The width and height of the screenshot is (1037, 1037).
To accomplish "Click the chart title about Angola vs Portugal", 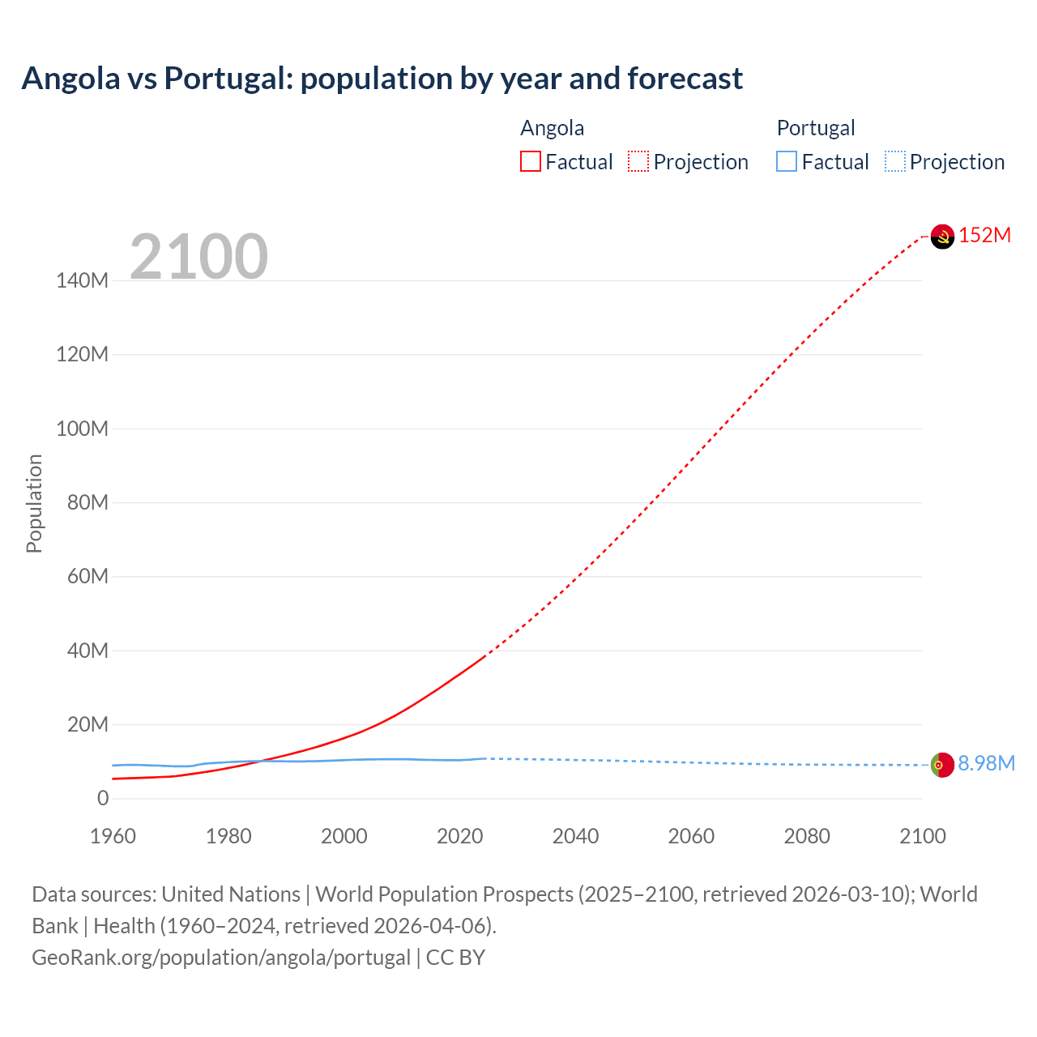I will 382,79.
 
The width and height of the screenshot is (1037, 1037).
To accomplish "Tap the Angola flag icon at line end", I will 942,237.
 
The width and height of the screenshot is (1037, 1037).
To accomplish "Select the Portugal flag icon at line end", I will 942,765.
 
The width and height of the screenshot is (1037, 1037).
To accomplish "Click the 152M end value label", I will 985,236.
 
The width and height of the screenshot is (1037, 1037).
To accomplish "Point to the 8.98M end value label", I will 986,764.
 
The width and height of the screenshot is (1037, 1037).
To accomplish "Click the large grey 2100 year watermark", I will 198,257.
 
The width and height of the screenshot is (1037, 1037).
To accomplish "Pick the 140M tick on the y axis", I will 82,281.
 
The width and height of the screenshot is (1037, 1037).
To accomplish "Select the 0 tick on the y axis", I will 102,799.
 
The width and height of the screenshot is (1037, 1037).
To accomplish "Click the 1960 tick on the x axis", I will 113,836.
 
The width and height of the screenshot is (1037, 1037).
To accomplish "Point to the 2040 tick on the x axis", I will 575,836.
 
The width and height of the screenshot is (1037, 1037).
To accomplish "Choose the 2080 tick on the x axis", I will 807,836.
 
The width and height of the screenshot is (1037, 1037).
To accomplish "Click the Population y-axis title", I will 34,503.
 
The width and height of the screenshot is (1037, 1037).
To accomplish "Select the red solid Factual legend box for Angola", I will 531,162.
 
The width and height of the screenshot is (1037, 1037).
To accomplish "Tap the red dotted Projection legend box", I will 638,162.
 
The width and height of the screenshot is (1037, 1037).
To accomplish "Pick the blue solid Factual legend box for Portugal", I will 787,162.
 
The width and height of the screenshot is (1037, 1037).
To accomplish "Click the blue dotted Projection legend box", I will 894,162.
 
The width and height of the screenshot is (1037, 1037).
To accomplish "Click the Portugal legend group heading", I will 816,128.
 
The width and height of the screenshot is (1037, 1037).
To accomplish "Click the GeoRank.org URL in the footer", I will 221,958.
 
